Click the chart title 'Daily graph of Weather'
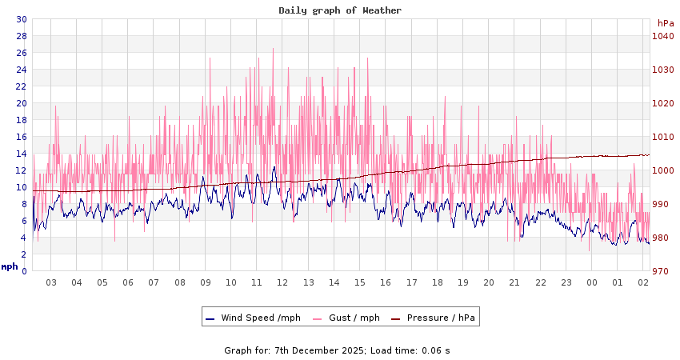pyautogui.click(x=340, y=10)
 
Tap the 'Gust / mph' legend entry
pyautogui.click(x=354, y=318)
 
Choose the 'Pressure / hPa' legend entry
pyautogui.click(x=441, y=318)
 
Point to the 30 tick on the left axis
pyautogui.click(x=22, y=19)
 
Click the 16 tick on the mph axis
pyautogui.click(x=22, y=137)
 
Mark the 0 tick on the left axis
pyautogui.click(x=24, y=271)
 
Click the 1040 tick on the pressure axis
pyautogui.click(x=662, y=36)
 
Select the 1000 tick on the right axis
pyautogui.click(x=662, y=170)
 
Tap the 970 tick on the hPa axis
pyautogui.click(x=662, y=271)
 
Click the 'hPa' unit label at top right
pyautogui.click(x=666, y=23)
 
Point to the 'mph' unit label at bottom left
pyautogui.click(x=10, y=266)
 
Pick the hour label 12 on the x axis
pyautogui.click(x=282, y=282)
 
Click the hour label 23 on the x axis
pyautogui.click(x=566, y=282)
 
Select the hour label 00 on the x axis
pyautogui.click(x=592, y=282)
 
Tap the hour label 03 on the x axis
pyautogui.click(x=50, y=282)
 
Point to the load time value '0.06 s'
pyautogui.click(x=436, y=350)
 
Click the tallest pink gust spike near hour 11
pyautogui.click(x=273, y=50)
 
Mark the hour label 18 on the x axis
pyautogui.click(x=438, y=282)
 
